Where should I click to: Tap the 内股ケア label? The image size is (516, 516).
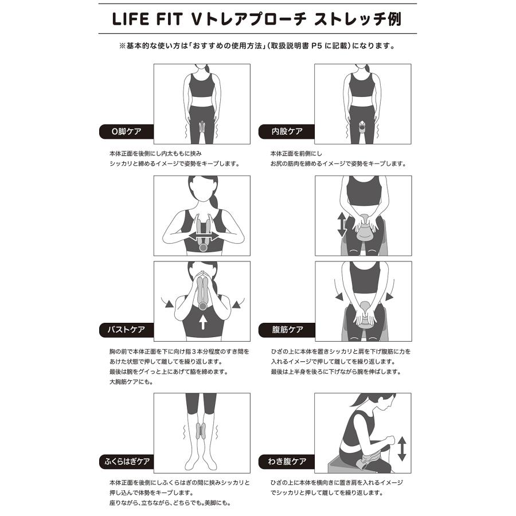(x=287, y=131)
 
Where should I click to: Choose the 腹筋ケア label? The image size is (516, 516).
(x=287, y=330)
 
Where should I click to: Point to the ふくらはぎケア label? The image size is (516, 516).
(x=126, y=460)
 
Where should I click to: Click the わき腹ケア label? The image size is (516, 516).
(x=287, y=460)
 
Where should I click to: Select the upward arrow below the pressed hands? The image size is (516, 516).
(x=202, y=321)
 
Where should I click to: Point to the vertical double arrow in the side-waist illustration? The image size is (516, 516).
(x=401, y=448)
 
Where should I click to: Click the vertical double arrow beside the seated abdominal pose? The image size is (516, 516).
(x=342, y=225)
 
